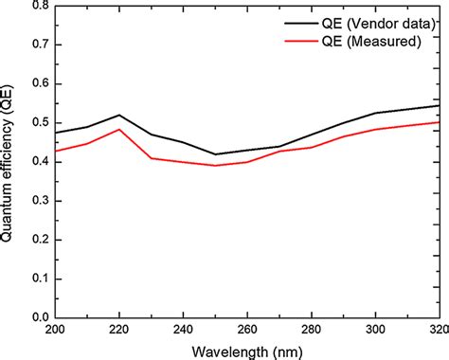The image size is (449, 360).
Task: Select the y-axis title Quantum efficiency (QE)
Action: pyautogui.click(x=9, y=162)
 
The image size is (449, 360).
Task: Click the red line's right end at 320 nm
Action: pyautogui.click(x=437, y=122)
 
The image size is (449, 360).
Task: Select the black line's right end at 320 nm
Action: pyautogui.click(x=437, y=106)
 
